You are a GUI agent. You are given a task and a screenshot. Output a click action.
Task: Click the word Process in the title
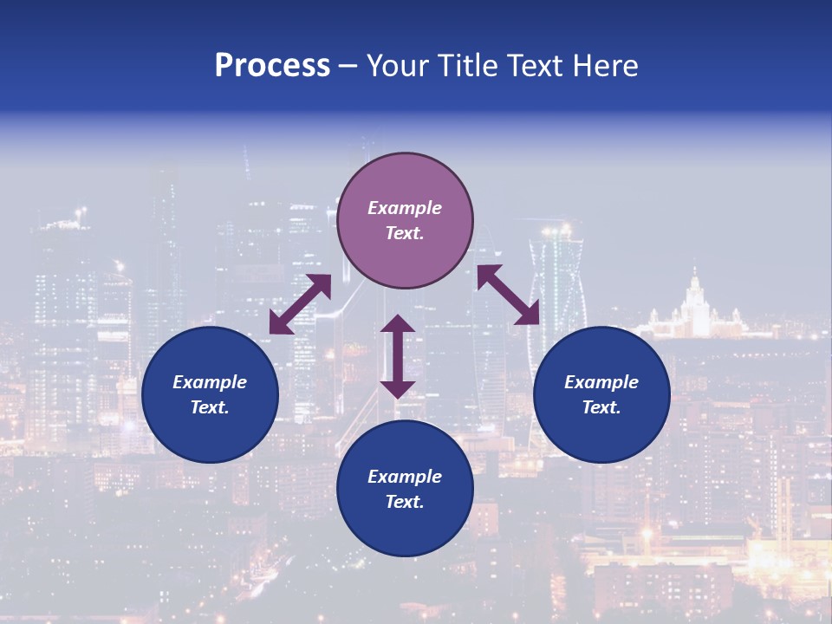(272, 66)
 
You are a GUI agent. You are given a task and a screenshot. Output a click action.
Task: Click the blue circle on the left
(210, 394)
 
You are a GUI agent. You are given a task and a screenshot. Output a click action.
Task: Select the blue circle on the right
(601, 394)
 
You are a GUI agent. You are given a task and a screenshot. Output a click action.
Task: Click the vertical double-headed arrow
(398, 356)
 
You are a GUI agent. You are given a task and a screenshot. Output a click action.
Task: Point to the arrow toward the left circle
(300, 304)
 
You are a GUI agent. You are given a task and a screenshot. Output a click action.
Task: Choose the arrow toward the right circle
(509, 295)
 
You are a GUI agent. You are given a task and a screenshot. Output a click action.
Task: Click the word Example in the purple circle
(405, 208)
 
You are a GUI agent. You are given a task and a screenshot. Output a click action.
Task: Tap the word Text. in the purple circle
(405, 233)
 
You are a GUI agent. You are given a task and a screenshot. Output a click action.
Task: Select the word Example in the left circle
(210, 382)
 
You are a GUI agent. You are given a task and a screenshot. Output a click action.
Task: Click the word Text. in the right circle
(601, 407)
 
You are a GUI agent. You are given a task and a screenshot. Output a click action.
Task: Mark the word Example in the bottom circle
(405, 477)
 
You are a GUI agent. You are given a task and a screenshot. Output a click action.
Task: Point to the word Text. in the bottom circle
(405, 502)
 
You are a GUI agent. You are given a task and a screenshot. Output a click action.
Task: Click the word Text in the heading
(536, 66)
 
